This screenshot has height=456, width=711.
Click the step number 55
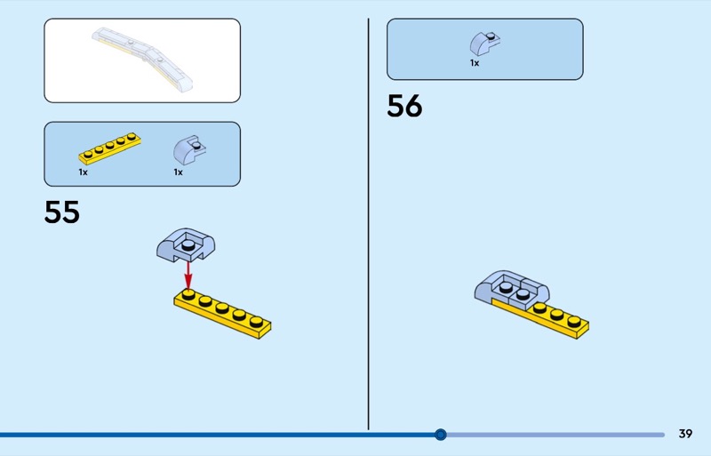click(61, 212)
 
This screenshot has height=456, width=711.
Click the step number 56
click(404, 106)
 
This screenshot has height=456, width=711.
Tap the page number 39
click(685, 434)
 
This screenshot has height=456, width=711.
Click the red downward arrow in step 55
click(188, 275)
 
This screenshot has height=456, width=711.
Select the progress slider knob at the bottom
click(440, 435)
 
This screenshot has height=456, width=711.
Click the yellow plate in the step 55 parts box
click(109, 148)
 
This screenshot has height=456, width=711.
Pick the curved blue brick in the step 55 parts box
click(189, 149)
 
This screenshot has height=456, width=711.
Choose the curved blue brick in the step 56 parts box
click(485, 44)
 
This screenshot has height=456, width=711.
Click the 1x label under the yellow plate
click(83, 172)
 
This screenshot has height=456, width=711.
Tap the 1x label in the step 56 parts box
click(475, 63)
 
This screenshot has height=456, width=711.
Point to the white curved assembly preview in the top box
click(142, 60)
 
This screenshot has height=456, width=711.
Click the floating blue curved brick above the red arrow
click(186, 245)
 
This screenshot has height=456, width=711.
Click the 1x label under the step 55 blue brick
click(179, 172)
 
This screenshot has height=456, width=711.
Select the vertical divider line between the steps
click(368, 224)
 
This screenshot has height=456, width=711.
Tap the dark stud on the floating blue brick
click(188, 245)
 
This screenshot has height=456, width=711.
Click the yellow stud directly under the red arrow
click(188, 295)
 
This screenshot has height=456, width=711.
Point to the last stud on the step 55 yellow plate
click(256, 321)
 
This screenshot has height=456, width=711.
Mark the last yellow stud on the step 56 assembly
click(574, 322)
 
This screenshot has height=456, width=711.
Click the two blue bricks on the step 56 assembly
click(512, 291)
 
